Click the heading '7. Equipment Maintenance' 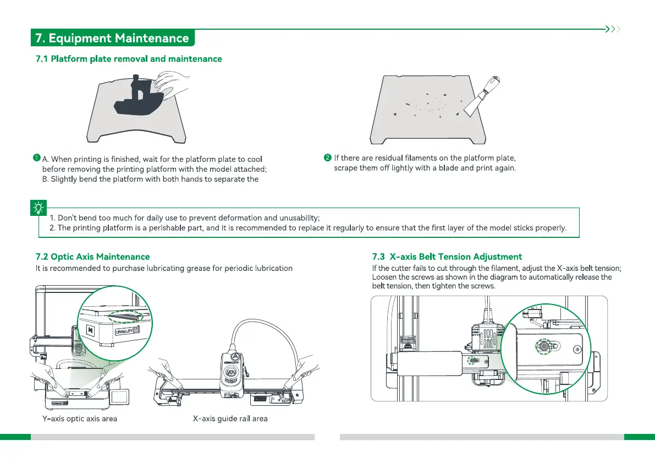[x=112, y=38]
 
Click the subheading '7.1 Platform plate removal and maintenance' [x=129, y=59]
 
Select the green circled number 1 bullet [x=36, y=159]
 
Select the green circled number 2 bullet [x=328, y=159]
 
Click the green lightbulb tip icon [x=38, y=208]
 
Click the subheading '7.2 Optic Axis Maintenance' [x=92, y=257]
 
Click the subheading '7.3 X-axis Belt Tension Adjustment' [x=447, y=257]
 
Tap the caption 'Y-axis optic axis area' [x=80, y=418]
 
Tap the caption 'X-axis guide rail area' [x=230, y=418]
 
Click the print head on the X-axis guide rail [x=232, y=366]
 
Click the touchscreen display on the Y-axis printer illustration [x=120, y=395]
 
